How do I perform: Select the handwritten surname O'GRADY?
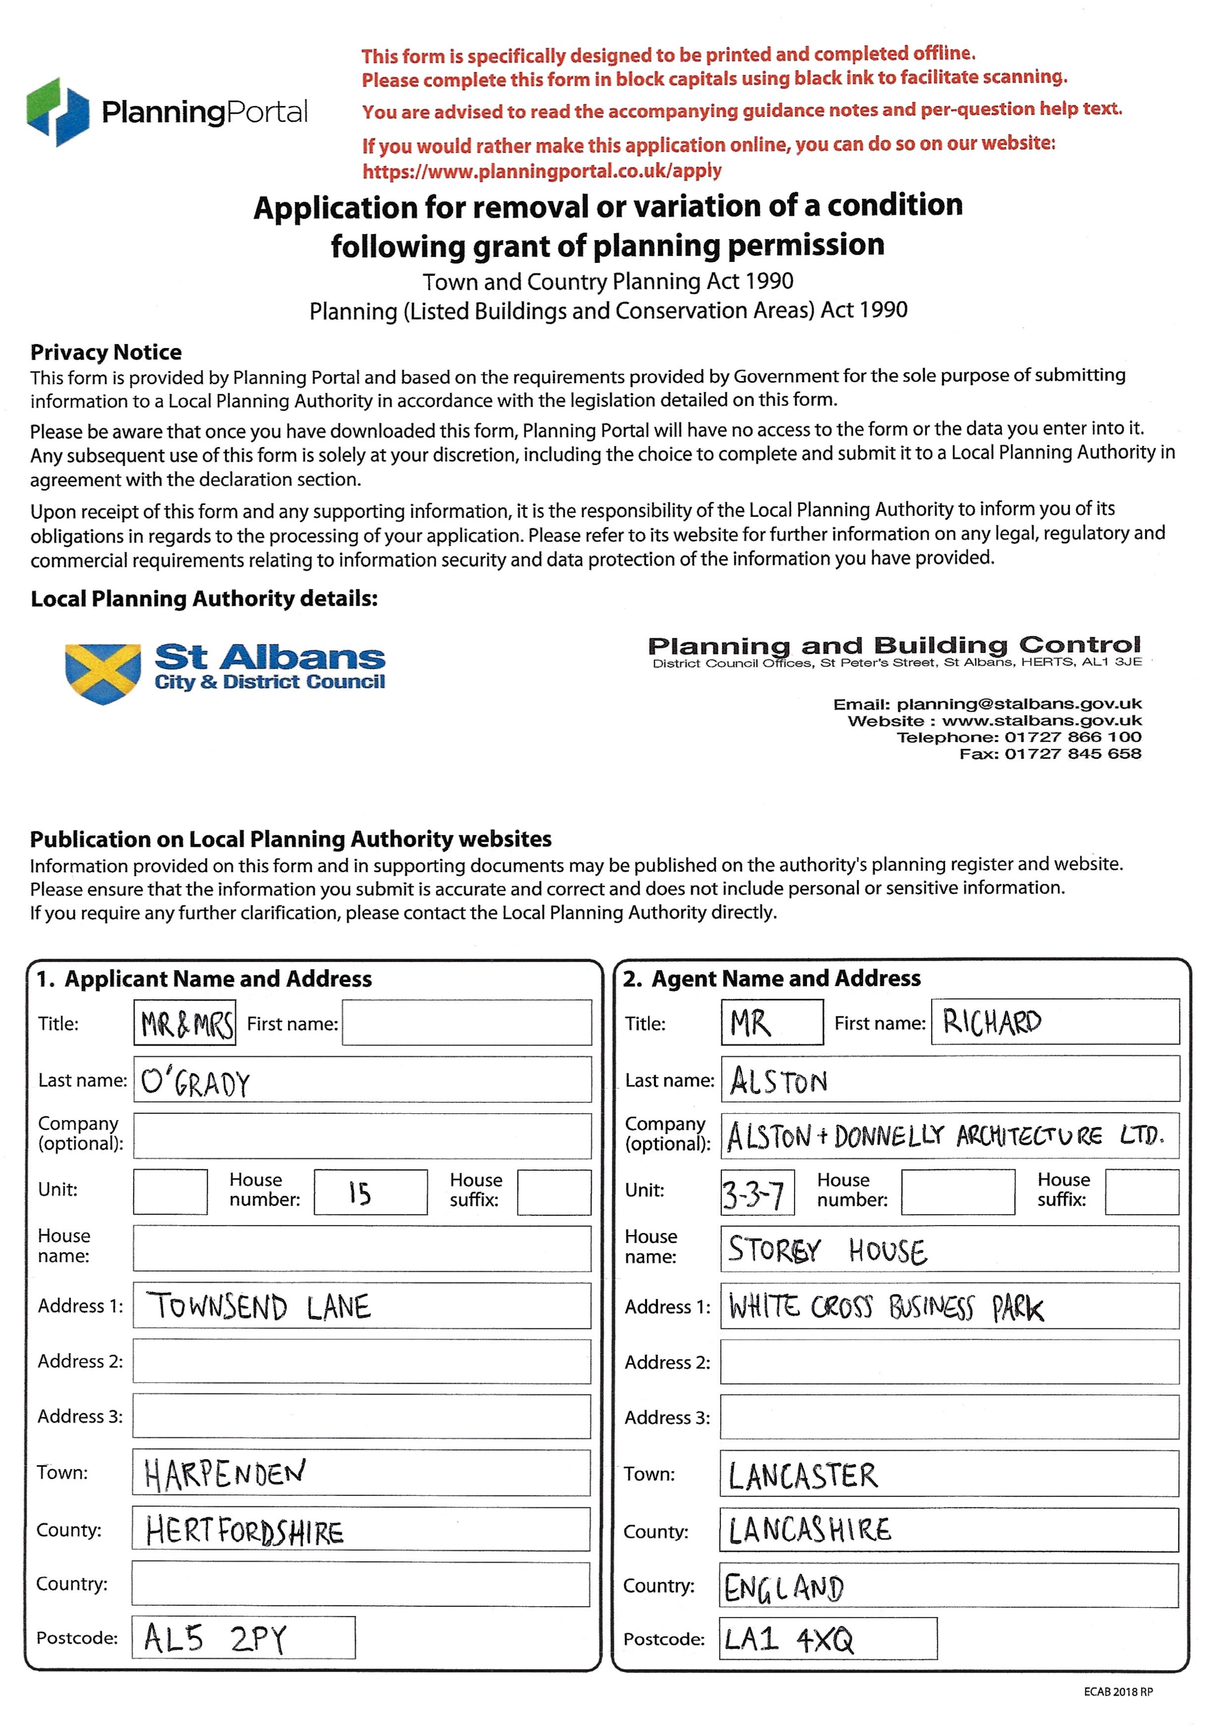[196, 1082]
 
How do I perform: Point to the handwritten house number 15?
[360, 1193]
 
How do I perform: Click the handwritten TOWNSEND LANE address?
[258, 1307]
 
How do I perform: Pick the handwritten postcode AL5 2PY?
[215, 1638]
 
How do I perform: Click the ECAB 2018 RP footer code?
[1118, 1692]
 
